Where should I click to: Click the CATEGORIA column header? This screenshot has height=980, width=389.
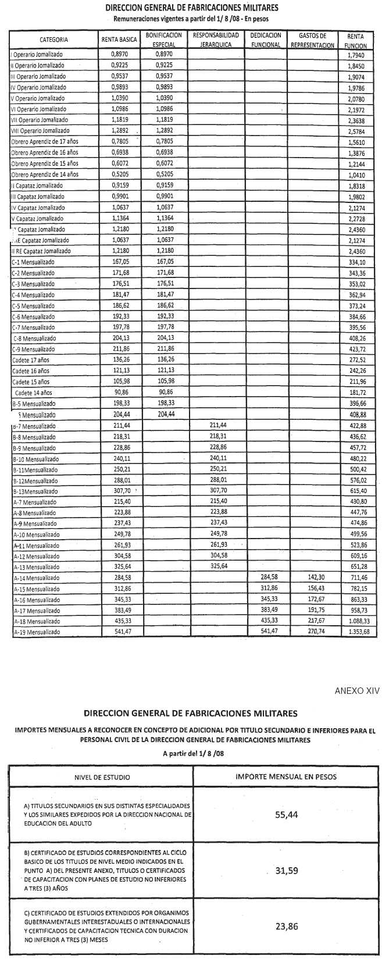tap(53, 40)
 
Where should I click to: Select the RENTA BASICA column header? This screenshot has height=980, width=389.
tap(119, 40)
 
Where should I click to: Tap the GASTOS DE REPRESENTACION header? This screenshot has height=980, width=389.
tap(313, 40)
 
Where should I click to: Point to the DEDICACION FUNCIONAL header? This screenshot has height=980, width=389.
tap(266, 40)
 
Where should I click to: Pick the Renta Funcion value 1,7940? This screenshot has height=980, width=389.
tap(356, 55)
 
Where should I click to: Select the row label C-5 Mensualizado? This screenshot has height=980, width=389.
tap(33, 306)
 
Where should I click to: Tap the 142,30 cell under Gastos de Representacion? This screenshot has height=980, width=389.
tap(312, 578)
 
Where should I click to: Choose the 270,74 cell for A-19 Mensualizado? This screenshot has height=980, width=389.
tap(312, 632)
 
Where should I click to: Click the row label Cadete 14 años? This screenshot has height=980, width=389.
tap(33, 393)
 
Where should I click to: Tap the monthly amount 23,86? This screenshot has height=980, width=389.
tap(286, 926)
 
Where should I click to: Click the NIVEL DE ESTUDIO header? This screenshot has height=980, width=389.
tap(102, 777)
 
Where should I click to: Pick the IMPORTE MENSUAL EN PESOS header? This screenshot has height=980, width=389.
tap(286, 776)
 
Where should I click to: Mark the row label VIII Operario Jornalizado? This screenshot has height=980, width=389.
tap(40, 131)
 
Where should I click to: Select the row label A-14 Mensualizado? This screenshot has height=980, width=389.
tap(36, 578)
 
